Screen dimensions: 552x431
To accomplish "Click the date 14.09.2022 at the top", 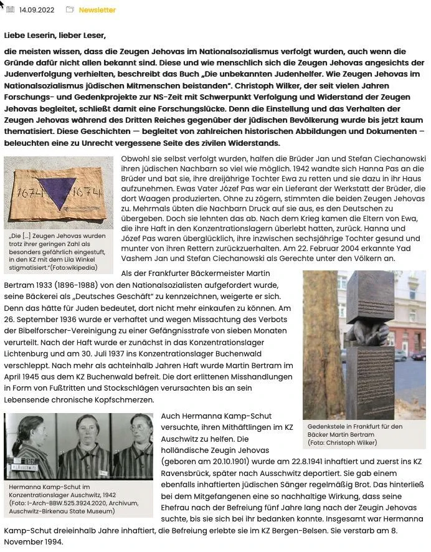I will coord(37,10).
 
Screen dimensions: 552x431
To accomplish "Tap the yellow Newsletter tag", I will coord(97,10).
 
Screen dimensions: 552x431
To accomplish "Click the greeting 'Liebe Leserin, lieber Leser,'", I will coord(55,35).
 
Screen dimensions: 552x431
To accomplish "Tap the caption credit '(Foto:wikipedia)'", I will coord(75,267).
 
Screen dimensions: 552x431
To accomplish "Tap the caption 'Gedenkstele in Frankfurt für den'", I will coord(355,427).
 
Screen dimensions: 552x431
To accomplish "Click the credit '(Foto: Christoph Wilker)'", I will coord(343,443).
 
